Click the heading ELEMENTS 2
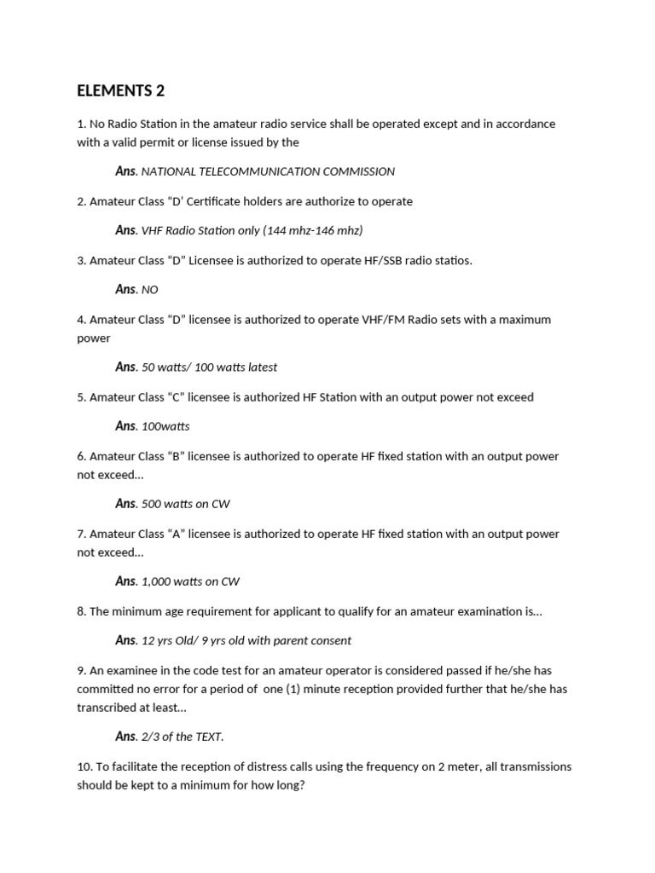tap(120, 90)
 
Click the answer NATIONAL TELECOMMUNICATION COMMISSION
tap(268, 171)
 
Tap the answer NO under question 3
tap(150, 290)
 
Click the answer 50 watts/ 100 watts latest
tap(209, 367)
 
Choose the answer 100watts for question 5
tap(165, 426)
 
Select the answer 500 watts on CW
tap(187, 504)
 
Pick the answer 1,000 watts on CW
tap(190, 581)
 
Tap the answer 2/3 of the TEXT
tap(183, 737)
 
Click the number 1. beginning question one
tap(82, 124)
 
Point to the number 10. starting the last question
tap(85, 766)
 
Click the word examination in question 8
tap(486, 611)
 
